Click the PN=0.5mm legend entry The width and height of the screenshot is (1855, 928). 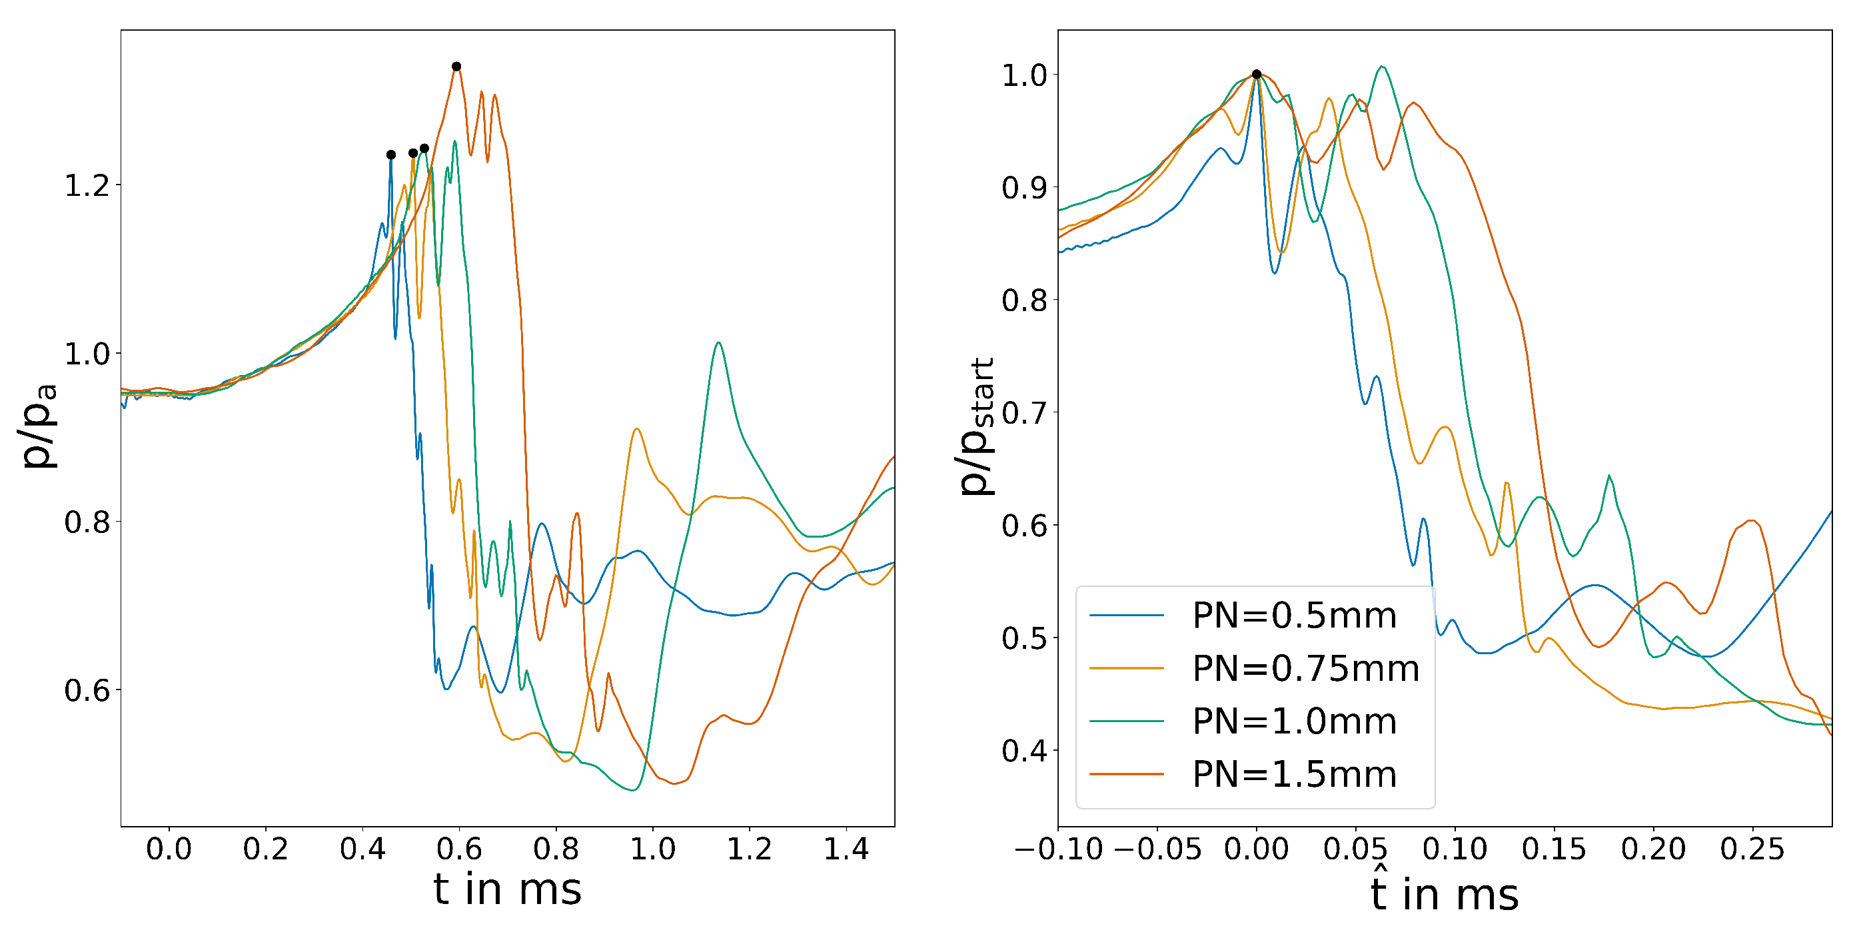click(1293, 616)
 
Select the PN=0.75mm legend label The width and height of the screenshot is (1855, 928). click(1305, 669)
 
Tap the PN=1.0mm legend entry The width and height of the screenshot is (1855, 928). click(1293, 721)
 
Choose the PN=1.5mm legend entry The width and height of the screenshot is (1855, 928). click(1293, 775)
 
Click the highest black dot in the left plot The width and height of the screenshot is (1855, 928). click(456, 66)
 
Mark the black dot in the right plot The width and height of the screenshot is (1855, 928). click(1257, 74)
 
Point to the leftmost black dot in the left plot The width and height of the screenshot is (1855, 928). click(391, 155)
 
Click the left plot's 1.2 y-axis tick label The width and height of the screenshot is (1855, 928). click(87, 186)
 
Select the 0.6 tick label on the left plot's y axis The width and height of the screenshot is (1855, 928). click(87, 691)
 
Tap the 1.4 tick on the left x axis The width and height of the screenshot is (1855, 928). click(846, 849)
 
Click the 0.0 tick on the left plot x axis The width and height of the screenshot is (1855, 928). click(169, 849)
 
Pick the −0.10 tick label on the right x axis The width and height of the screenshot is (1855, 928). click(1059, 849)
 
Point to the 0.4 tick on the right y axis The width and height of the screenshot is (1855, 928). click(1024, 751)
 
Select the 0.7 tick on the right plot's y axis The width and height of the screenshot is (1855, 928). click(1024, 413)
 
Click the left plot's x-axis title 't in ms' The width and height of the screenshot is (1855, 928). click(507, 890)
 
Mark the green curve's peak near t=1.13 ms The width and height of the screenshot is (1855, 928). click(719, 342)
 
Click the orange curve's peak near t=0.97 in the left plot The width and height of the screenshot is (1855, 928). click(636, 429)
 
